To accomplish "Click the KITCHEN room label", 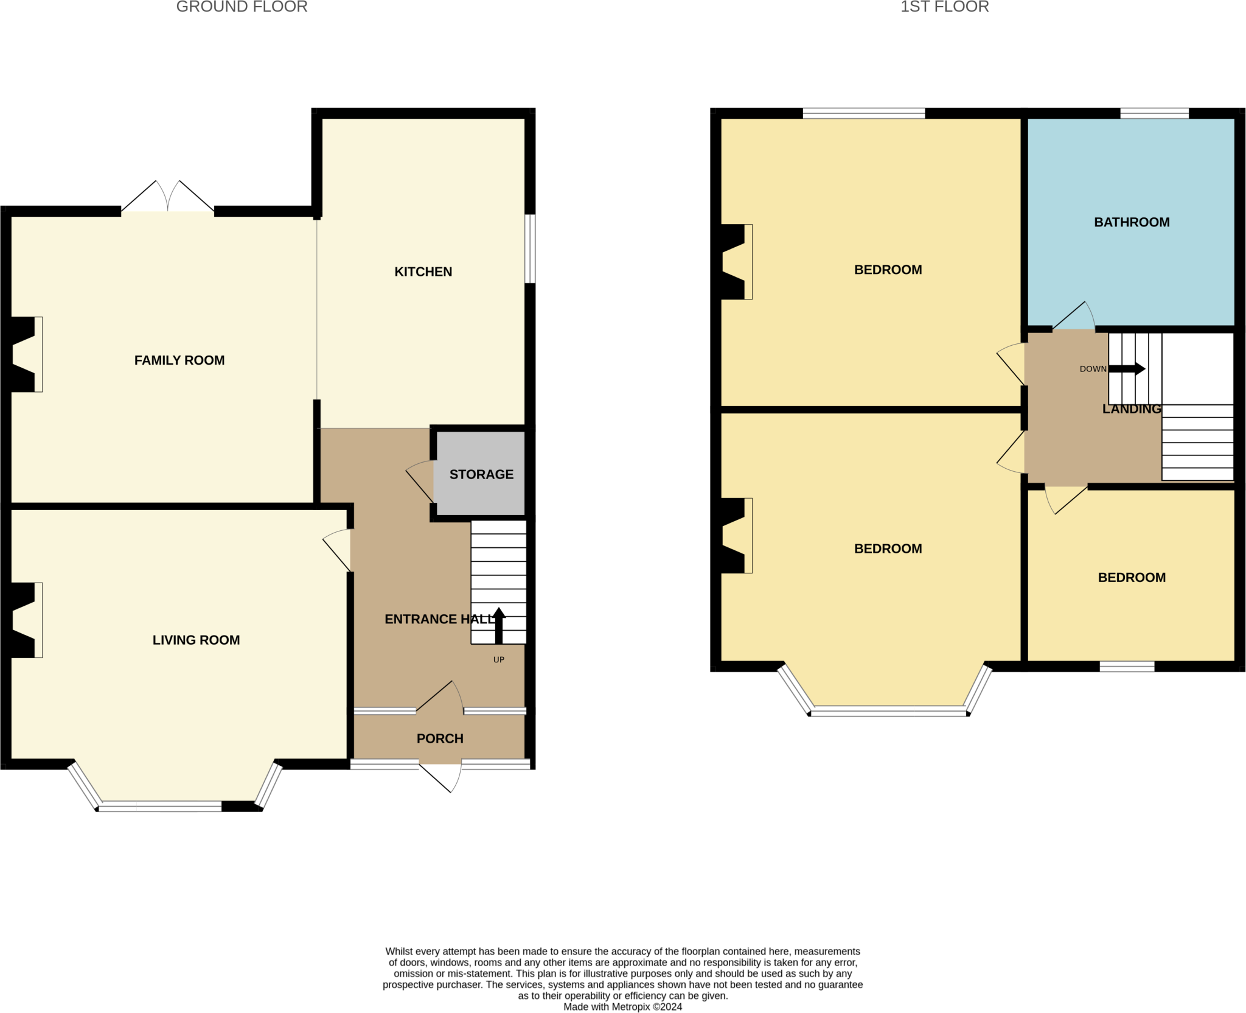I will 423,272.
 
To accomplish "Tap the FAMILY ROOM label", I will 179,360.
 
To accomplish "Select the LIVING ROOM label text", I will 196,640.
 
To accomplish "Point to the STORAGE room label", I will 481,474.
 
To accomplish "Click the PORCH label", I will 440,738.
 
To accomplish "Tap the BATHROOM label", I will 1132,222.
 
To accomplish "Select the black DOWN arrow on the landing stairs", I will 1127,369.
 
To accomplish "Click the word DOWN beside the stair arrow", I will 1093,369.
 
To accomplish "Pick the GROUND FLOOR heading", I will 242,7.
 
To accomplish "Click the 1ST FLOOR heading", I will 944,7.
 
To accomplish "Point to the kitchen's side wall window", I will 530,248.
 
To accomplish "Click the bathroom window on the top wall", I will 1154,113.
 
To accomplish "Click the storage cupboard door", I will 420,482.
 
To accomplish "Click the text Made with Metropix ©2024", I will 622,1007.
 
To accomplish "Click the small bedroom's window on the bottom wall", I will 1127,667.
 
